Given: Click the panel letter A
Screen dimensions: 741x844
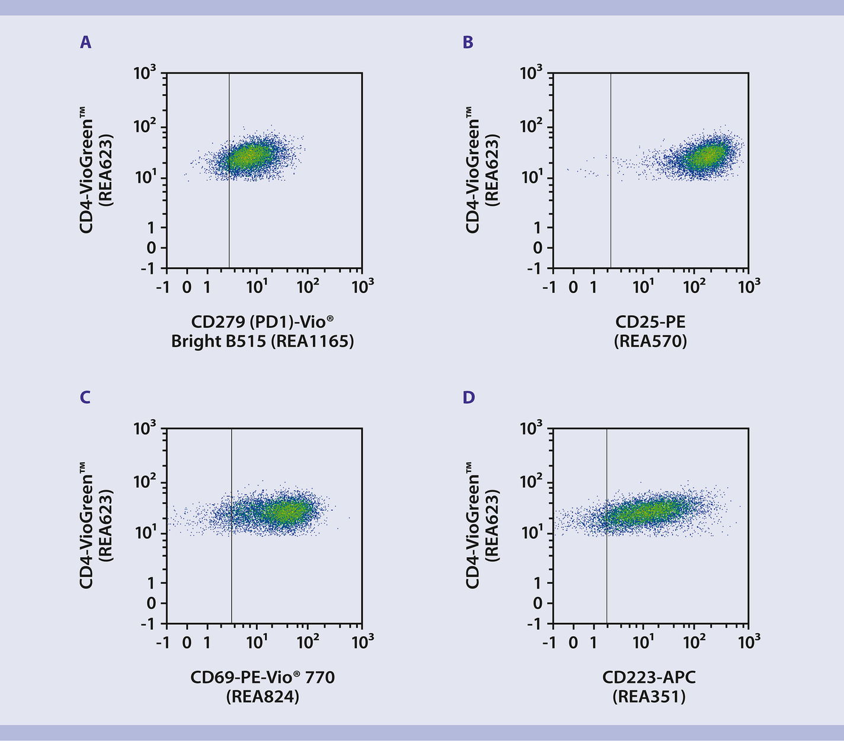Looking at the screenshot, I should coord(86,43).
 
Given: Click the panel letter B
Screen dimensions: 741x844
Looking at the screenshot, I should coord(468,43).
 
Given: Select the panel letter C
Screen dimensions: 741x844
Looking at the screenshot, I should coord(85,397).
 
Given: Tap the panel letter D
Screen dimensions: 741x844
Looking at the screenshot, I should coord(468,397).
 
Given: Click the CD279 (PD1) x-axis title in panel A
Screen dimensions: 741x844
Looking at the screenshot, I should coord(262,322).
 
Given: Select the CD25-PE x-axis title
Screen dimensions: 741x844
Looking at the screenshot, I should coord(650,322).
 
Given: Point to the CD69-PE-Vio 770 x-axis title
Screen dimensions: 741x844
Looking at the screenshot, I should coord(262,676).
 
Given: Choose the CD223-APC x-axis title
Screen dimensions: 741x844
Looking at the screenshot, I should coord(649,676).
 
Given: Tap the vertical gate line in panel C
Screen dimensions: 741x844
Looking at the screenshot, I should coord(232,569).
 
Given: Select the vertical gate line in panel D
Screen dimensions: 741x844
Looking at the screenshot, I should coord(607,569).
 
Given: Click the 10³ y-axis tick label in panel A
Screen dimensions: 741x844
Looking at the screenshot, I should coord(145,74).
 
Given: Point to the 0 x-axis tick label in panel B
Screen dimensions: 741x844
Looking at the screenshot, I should coord(573,288).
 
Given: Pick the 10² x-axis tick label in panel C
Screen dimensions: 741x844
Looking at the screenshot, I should coord(308,642).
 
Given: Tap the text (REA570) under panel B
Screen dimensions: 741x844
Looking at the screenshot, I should coord(650,341).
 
